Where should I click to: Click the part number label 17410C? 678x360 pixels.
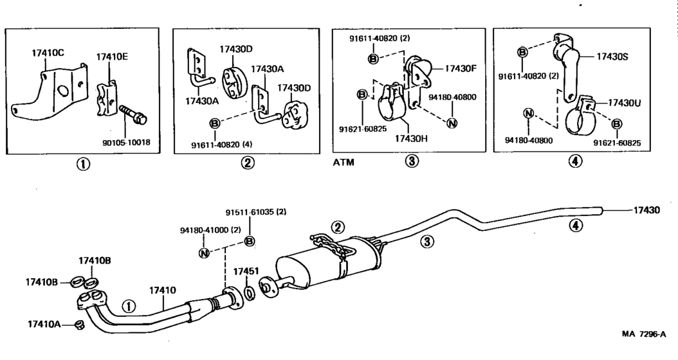[x=48, y=53]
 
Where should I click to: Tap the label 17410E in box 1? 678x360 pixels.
[x=112, y=57]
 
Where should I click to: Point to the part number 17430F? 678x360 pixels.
[x=461, y=68]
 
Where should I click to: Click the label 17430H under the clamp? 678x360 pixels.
[x=411, y=138]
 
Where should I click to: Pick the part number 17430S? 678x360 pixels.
[x=612, y=56]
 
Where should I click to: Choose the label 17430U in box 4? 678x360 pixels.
[x=625, y=103]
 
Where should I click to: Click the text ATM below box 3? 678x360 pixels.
[x=344, y=163]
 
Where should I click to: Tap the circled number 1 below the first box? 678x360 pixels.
[x=83, y=164]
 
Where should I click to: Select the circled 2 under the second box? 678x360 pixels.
[x=248, y=163]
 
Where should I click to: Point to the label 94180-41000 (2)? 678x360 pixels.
[x=210, y=230]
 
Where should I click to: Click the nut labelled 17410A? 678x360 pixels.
[x=78, y=324]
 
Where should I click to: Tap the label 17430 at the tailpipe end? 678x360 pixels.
[x=647, y=210]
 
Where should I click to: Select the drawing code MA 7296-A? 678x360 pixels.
[x=644, y=334]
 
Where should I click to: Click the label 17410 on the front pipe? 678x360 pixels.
[x=163, y=290]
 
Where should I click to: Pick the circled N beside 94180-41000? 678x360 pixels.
[x=204, y=253]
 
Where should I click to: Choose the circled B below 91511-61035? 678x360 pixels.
[x=250, y=241]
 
